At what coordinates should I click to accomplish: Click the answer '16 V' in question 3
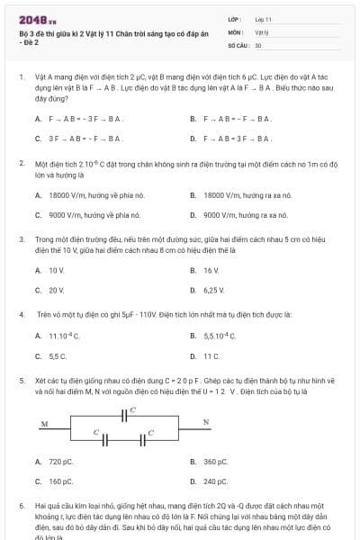pyautogui.click(x=211, y=270)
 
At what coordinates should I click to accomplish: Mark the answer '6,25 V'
pyautogui.click(x=213, y=291)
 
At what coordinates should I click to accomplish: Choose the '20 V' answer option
pyautogui.click(x=56, y=291)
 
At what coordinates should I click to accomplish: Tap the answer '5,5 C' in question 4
pyautogui.click(x=58, y=355)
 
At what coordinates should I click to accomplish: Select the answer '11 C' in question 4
pyautogui.click(x=211, y=355)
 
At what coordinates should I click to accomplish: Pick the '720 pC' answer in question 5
pyautogui.click(x=60, y=462)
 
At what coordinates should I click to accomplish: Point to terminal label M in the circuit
pyautogui.click(x=44, y=424)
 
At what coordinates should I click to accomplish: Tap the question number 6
pyautogui.click(x=22, y=507)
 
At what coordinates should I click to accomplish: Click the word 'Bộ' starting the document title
pyautogui.click(x=23, y=33)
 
